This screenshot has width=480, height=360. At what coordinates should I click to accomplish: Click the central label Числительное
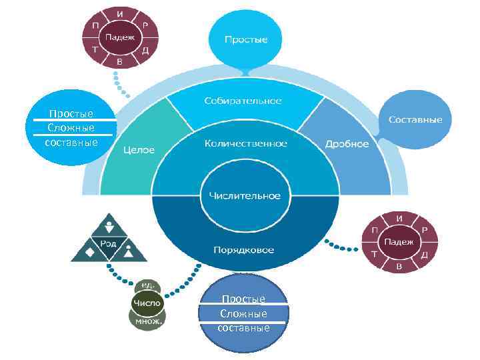[x=245, y=195]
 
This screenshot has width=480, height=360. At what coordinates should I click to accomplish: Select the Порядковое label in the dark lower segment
[x=244, y=250]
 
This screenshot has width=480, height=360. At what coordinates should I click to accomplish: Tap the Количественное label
[x=245, y=143]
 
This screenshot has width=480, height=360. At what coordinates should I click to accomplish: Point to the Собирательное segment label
[x=243, y=101]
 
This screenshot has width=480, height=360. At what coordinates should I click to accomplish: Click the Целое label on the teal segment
[x=139, y=150]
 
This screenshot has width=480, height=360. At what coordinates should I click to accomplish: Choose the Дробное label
[x=347, y=144]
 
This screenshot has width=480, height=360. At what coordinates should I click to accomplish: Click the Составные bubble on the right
[x=415, y=119]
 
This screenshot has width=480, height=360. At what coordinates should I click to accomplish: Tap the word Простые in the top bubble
[x=246, y=39]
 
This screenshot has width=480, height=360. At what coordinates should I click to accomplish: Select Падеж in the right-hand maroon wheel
[x=399, y=242]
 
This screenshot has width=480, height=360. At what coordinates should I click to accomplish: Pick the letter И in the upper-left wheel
[x=119, y=14]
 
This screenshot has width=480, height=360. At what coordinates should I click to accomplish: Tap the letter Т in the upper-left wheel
[x=95, y=49]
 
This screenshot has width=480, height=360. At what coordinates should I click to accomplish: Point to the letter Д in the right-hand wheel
[x=424, y=255]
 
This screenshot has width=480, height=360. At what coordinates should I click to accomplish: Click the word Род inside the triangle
[x=108, y=243]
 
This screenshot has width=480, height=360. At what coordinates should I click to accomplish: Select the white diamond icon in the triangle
[x=89, y=253]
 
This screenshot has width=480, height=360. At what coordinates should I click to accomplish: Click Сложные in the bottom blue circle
[x=243, y=313]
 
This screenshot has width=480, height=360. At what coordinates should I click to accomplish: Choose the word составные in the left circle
[x=71, y=142]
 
